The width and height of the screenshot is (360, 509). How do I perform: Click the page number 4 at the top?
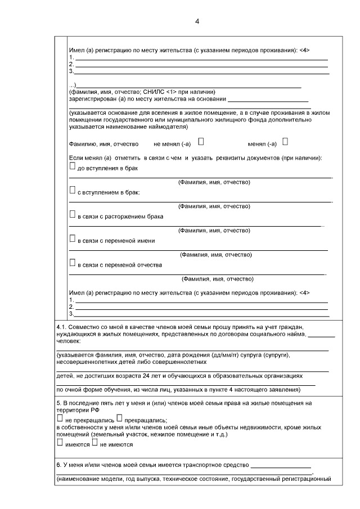(197, 21)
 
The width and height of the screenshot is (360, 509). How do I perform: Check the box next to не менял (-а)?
(201, 142)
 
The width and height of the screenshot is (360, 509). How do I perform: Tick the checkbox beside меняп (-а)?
(285, 142)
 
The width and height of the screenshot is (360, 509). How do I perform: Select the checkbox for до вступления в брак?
(72, 166)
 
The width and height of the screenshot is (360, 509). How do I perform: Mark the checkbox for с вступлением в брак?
(72, 191)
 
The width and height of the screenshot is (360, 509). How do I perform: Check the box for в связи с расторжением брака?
(72, 214)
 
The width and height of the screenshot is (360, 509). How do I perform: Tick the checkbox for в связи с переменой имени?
(72, 239)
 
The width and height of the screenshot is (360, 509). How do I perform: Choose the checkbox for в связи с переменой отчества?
(72, 263)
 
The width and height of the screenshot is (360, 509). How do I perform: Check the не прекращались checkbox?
(60, 418)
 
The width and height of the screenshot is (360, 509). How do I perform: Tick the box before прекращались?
(119, 418)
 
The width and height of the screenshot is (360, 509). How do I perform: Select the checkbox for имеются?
(60, 443)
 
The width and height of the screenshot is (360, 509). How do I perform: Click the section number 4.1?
(62, 327)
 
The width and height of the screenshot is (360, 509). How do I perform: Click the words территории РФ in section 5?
(73, 411)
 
